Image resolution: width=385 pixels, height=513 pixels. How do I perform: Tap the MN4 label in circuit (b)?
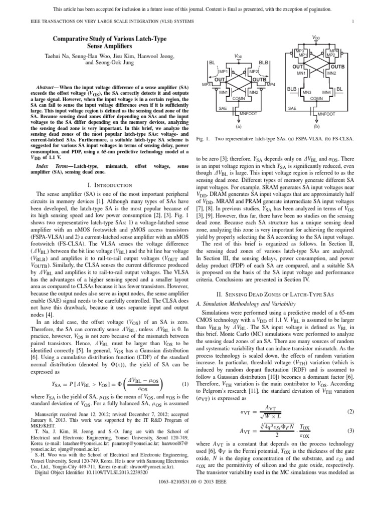click(x=326, y=92)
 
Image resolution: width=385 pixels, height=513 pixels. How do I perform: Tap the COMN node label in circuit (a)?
click(x=238, y=99)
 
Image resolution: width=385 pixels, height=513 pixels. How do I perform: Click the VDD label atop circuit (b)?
click(x=316, y=38)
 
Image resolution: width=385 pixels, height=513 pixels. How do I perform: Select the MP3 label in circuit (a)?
click(x=207, y=84)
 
